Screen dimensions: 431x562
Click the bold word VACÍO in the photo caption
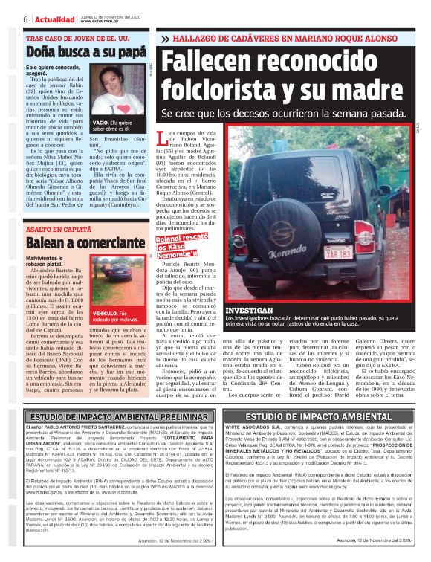tap(101, 121)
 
